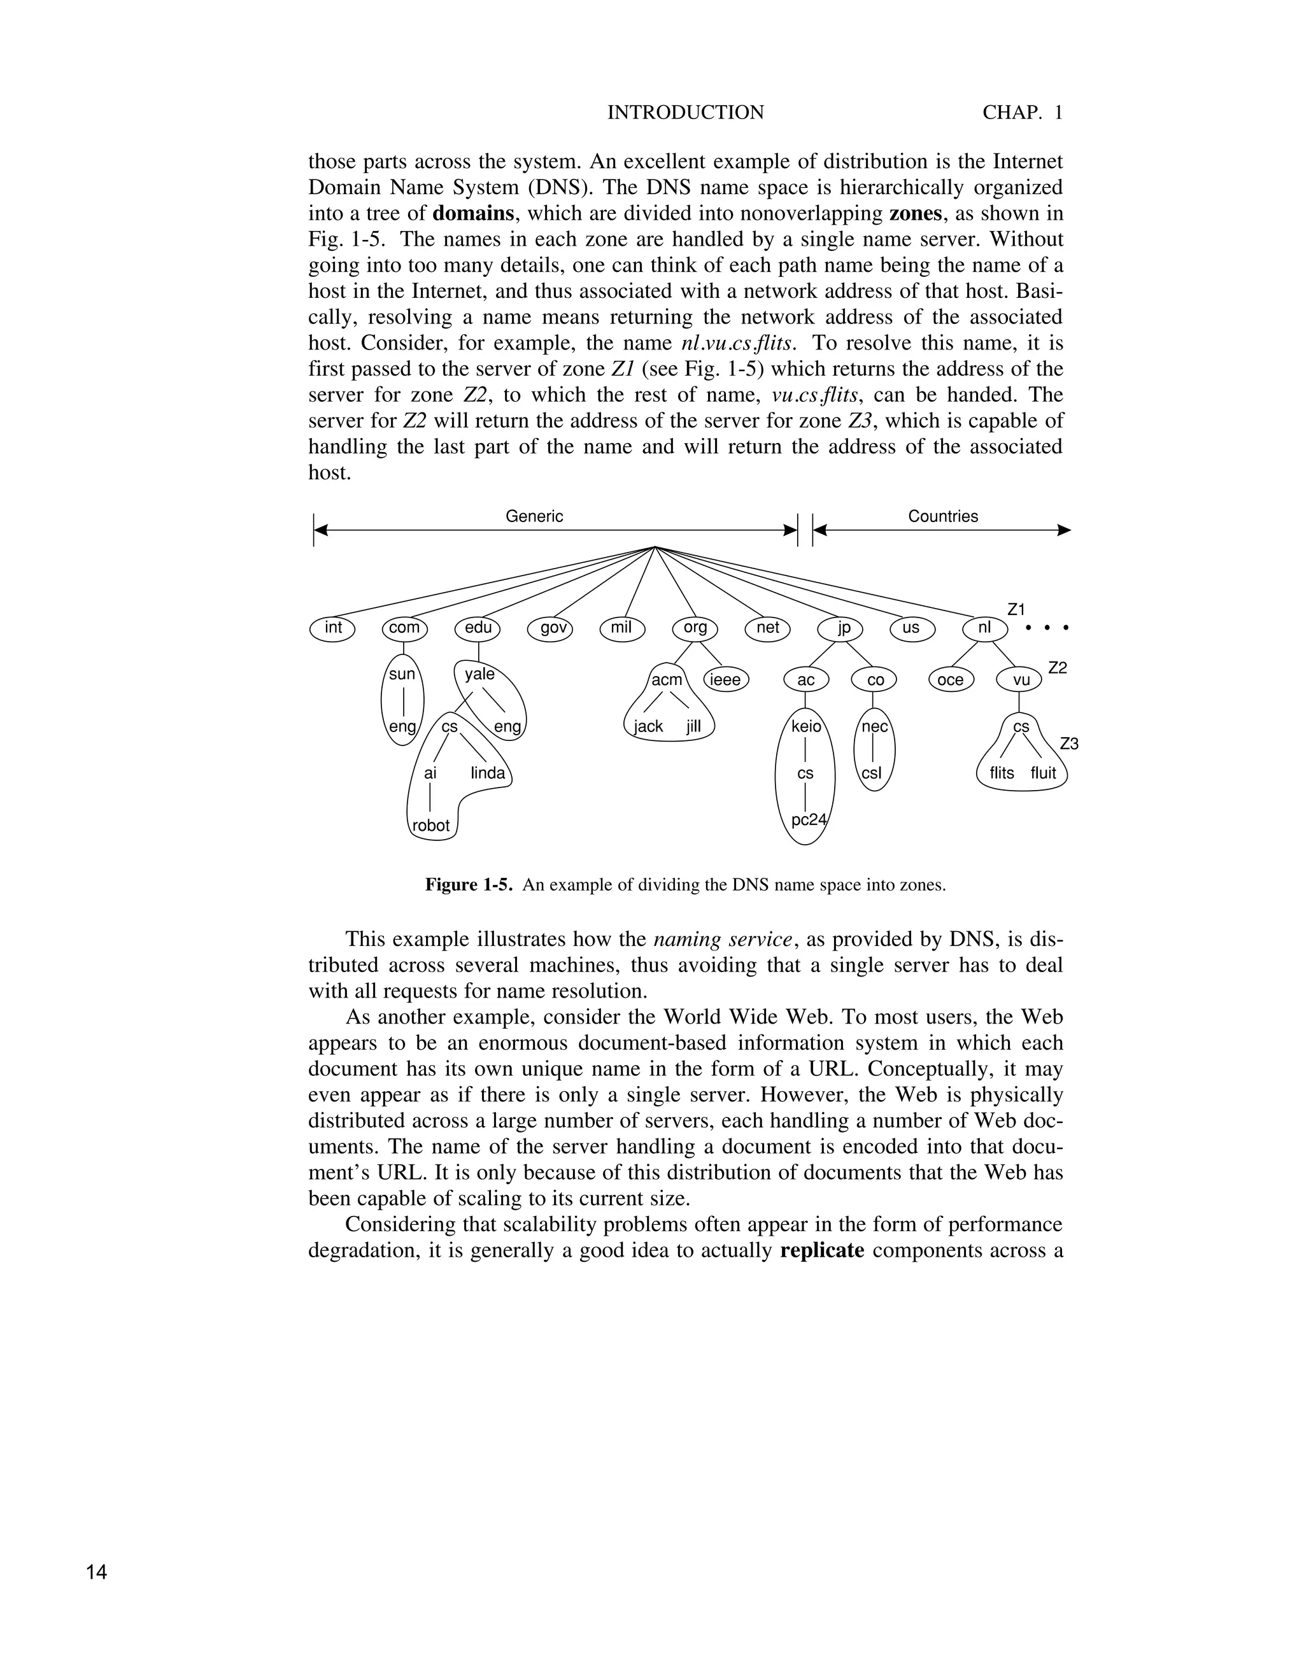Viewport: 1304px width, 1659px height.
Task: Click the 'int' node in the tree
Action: [333, 628]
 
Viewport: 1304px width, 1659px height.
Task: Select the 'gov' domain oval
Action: [551, 628]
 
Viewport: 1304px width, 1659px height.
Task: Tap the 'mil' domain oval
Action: [622, 628]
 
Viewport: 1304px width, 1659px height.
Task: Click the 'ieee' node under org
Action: [726, 679]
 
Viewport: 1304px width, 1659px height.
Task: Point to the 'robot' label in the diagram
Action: [431, 825]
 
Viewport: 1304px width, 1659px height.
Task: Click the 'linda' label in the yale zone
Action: [488, 773]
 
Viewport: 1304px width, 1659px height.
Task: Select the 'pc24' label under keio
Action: [809, 820]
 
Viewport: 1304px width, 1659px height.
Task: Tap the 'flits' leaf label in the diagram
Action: [1002, 773]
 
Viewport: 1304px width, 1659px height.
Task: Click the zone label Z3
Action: [1069, 744]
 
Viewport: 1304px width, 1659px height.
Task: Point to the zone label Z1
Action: [1016, 609]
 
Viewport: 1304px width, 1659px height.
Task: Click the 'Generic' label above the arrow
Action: [534, 516]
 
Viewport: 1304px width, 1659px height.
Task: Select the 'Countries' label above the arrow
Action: [943, 516]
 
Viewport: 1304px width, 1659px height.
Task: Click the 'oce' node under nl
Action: [951, 679]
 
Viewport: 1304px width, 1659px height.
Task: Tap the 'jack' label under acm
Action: [648, 726]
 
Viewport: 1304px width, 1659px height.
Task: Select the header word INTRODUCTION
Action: [685, 113]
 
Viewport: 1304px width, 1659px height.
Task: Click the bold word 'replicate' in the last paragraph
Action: [822, 1250]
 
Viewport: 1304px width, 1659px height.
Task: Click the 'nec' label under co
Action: [875, 726]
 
